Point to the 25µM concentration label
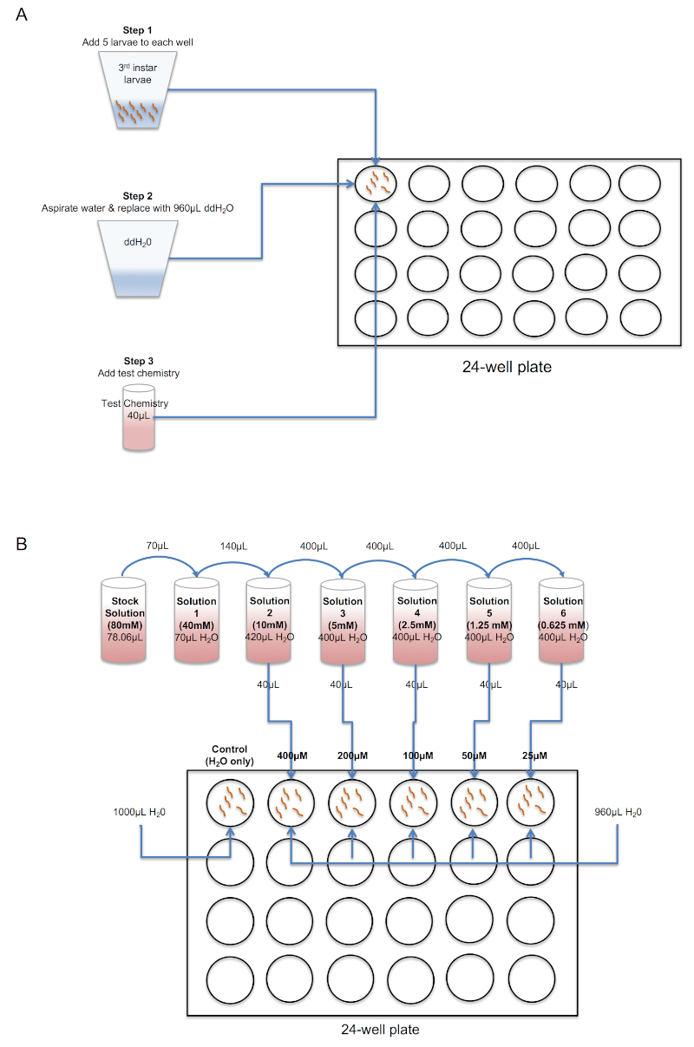pyautogui.click(x=531, y=756)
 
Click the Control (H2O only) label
pyautogui.click(x=230, y=755)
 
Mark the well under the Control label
pyautogui.click(x=230, y=801)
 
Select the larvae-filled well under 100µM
pyautogui.click(x=412, y=801)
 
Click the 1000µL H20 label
pyautogui.click(x=140, y=812)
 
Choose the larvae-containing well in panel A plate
pyautogui.click(x=376, y=183)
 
